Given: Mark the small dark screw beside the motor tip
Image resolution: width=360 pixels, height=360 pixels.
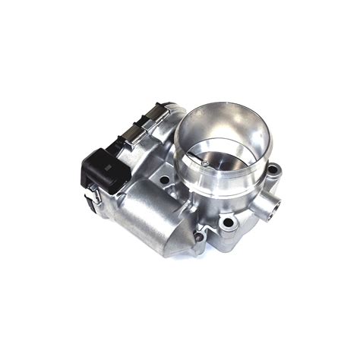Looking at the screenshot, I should [x=198, y=242].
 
